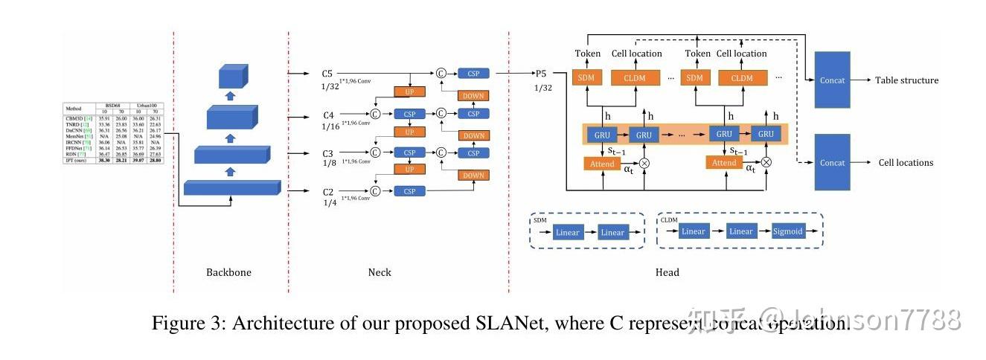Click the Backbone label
point(228,272)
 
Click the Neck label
point(380,272)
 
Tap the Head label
point(667,272)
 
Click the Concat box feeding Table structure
point(832,80)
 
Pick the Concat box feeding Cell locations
point(832,162)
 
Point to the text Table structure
point(906,80)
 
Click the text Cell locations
point(906,163)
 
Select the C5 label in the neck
point(327,74)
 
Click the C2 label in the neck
point(328,192)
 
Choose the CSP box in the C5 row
point(473,74)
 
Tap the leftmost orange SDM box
point(586,78)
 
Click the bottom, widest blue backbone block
point(231,187)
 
